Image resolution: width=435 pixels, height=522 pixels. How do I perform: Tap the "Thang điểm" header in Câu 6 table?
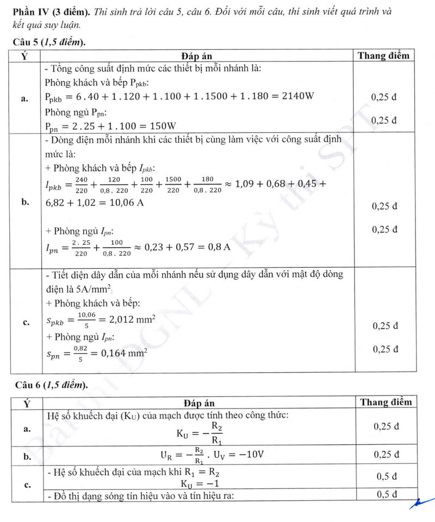tap(386, 402)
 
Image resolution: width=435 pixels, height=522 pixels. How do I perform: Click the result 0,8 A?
tap(217, 247)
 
